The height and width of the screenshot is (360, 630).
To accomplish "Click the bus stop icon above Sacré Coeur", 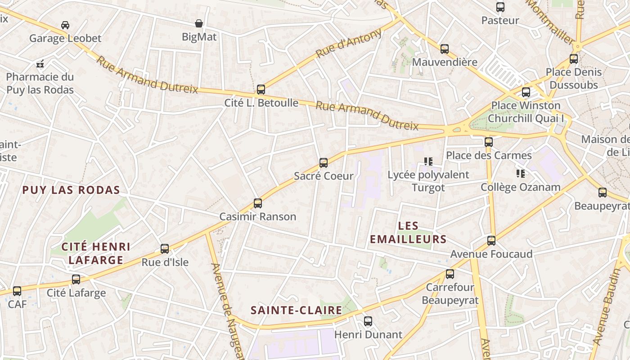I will (x=323, y=163).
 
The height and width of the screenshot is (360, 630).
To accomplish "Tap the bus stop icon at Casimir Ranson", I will (x=257, y=203).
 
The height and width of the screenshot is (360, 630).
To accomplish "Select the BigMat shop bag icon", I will (x=199, y=23).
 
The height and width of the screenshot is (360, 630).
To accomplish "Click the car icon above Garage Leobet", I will (x=65, y=25).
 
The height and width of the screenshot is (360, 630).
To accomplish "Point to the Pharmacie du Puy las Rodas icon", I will (x=40, y=64).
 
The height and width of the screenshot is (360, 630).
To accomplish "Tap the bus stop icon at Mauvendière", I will (x=444, y=49).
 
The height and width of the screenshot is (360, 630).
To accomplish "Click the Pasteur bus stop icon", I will (x=500, y=7).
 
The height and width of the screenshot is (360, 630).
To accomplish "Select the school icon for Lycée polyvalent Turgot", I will (x=428, y=161).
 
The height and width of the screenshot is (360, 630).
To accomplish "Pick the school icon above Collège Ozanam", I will (x=521, y=173).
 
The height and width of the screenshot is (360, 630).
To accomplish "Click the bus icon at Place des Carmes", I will (x=488, y=142).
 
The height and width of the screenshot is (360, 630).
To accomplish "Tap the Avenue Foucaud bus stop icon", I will (x=491, y=241).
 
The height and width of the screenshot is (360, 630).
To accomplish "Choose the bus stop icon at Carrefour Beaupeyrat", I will (x=450, y=274).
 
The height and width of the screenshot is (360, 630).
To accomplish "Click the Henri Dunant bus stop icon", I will (x=368, y=321).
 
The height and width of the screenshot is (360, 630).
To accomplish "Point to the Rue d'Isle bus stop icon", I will (x=165, y=249).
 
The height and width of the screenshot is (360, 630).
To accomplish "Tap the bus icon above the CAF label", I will (x=17, y=291).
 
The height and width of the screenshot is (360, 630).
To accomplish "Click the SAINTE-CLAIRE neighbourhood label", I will (x=296, y=310).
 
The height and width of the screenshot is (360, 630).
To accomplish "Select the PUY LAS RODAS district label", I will (x=71, y=190).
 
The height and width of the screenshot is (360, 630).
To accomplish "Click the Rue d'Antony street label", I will (x=349, y=43).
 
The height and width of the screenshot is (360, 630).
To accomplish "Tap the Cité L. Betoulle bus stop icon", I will (x=261, y=90).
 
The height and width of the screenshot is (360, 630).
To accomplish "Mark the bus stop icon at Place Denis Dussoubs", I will (x=573, y=59).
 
